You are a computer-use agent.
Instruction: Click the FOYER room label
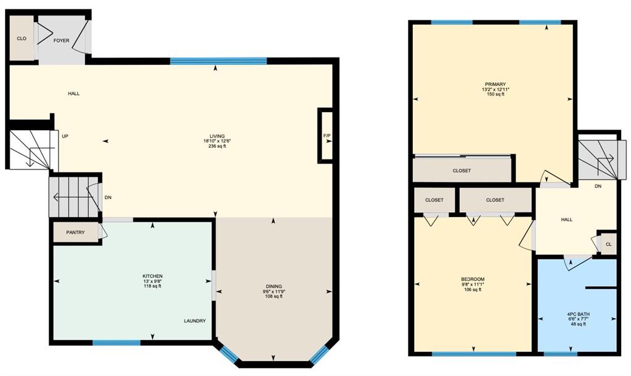click(61, 41)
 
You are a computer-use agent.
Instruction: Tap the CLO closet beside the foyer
click(22, 39)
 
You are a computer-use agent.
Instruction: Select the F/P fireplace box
click(327, 136)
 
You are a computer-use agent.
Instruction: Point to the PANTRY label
click(75, 232)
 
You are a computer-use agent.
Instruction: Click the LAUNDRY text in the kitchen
click(195, 321)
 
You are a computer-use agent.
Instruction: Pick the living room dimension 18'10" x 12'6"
click(217, 141)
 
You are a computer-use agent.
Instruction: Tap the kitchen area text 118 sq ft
click(153, 286)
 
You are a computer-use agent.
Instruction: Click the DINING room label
click(274, 287)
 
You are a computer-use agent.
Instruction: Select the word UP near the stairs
click(65, 136)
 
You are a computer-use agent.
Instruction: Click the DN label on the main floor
click(108, 198)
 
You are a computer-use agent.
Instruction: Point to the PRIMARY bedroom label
click(495, 84)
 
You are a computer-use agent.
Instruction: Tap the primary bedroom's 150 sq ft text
click(495, 94)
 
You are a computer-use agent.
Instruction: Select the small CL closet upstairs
click(608, 244)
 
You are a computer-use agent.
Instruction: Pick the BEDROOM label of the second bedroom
click(473, 279)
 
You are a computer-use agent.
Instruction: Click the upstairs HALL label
click(567, 220)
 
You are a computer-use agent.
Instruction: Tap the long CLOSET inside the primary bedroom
click(462, 170)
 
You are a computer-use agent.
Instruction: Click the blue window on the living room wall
click(219, 61)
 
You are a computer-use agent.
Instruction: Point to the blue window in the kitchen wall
click(116, 343)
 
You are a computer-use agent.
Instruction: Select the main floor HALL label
click(74, 94)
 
